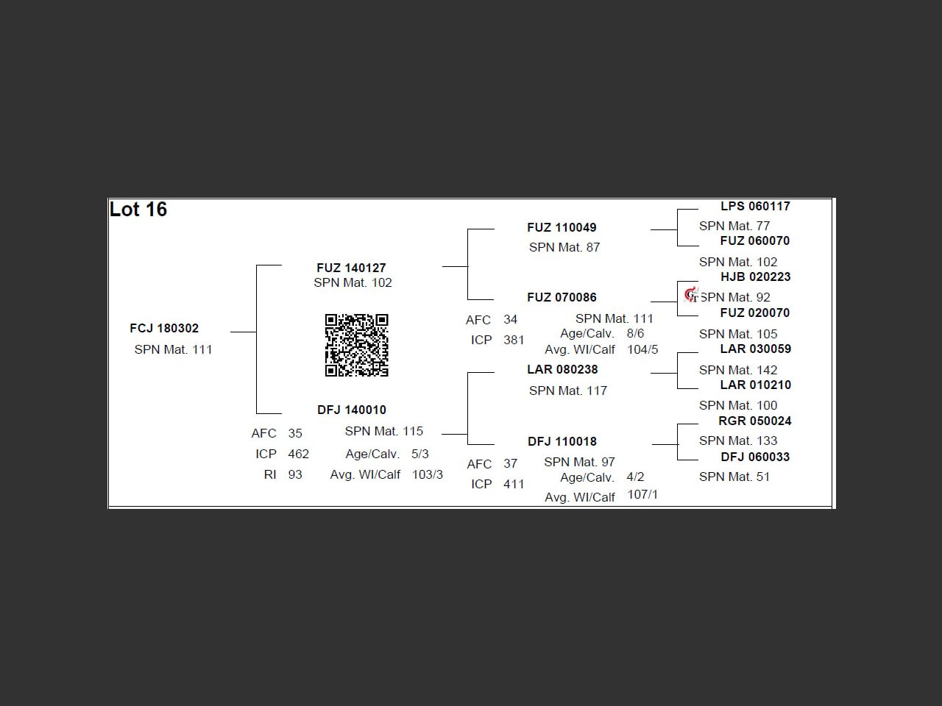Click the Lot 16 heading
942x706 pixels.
pyautogui.click(x=138, y=210)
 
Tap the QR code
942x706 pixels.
pyautogui.click(x=357, y=345)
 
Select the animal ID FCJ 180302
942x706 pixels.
pyautogui.click(x=164, y=328)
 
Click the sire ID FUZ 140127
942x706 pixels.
pyautogui.click(x=352, y=268)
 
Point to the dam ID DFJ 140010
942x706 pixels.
pyautogui.click(x=352, y=410)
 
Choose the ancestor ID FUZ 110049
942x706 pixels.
pyautogui.click(x=562, y=228)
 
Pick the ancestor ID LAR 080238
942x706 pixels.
pyautogui.click(x=563, y=369)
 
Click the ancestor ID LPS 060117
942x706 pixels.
pyautogui.click(x=755, y=206)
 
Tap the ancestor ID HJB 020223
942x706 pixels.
pyautogui.click(x=756, y=277)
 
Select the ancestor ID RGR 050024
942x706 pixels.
pyautogui.click(x=755, y=421)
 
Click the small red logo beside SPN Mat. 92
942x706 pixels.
pyautogui.click(x=691, y=296)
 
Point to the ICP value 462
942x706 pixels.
pyautogui.click(x=299, y=454)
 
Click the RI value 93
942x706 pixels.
pyautogui.click(x=295, y=474)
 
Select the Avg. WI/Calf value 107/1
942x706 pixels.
pyautogui.click(x=642, y=495)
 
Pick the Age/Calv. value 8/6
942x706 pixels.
pyautogui.click(x=636, y=333)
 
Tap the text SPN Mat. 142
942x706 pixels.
pyautogui.click(x=738, y=370)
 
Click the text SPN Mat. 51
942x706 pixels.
pyautogui.click(x=734, y=477)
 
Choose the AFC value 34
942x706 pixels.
pyautogui.click(x=510, y=319)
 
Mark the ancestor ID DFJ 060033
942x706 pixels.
pyautogui.click(x=755, y=457)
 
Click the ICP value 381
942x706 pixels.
pyautogui.click(x=514, y=340)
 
